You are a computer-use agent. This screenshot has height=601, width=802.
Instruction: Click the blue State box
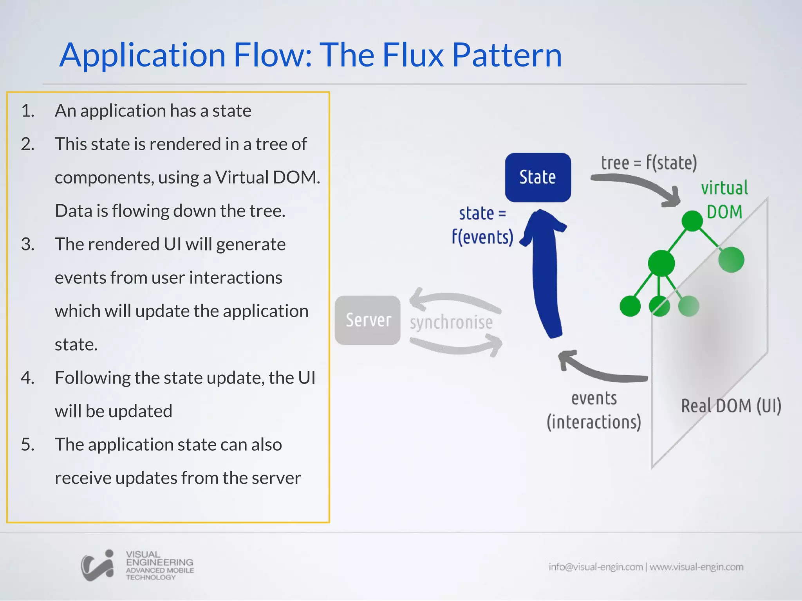[538, 177]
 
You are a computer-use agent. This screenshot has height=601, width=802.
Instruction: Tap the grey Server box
[368, 320]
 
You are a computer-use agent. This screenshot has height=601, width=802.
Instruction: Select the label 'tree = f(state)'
[649, 162]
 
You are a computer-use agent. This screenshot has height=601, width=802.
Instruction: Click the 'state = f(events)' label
[482, 225]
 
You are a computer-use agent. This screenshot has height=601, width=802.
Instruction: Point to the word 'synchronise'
[451, 322]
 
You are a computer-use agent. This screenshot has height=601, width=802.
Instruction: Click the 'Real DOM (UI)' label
[731, 406]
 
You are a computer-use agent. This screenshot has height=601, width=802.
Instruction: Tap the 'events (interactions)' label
[594, 410]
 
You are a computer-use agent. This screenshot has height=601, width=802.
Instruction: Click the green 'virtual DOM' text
[724, 200]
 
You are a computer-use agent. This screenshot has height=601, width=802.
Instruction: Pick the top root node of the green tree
[692, 221]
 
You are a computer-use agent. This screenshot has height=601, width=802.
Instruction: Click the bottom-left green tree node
[630, 306]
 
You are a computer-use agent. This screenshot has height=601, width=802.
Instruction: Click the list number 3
[28, 244]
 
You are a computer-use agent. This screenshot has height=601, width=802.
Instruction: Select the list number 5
[28, 444]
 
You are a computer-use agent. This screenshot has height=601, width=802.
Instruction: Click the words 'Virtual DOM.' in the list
[267, 177]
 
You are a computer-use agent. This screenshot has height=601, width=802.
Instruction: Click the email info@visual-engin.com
[595, 567]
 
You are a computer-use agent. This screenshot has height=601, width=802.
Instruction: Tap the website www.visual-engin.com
[696, 567]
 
